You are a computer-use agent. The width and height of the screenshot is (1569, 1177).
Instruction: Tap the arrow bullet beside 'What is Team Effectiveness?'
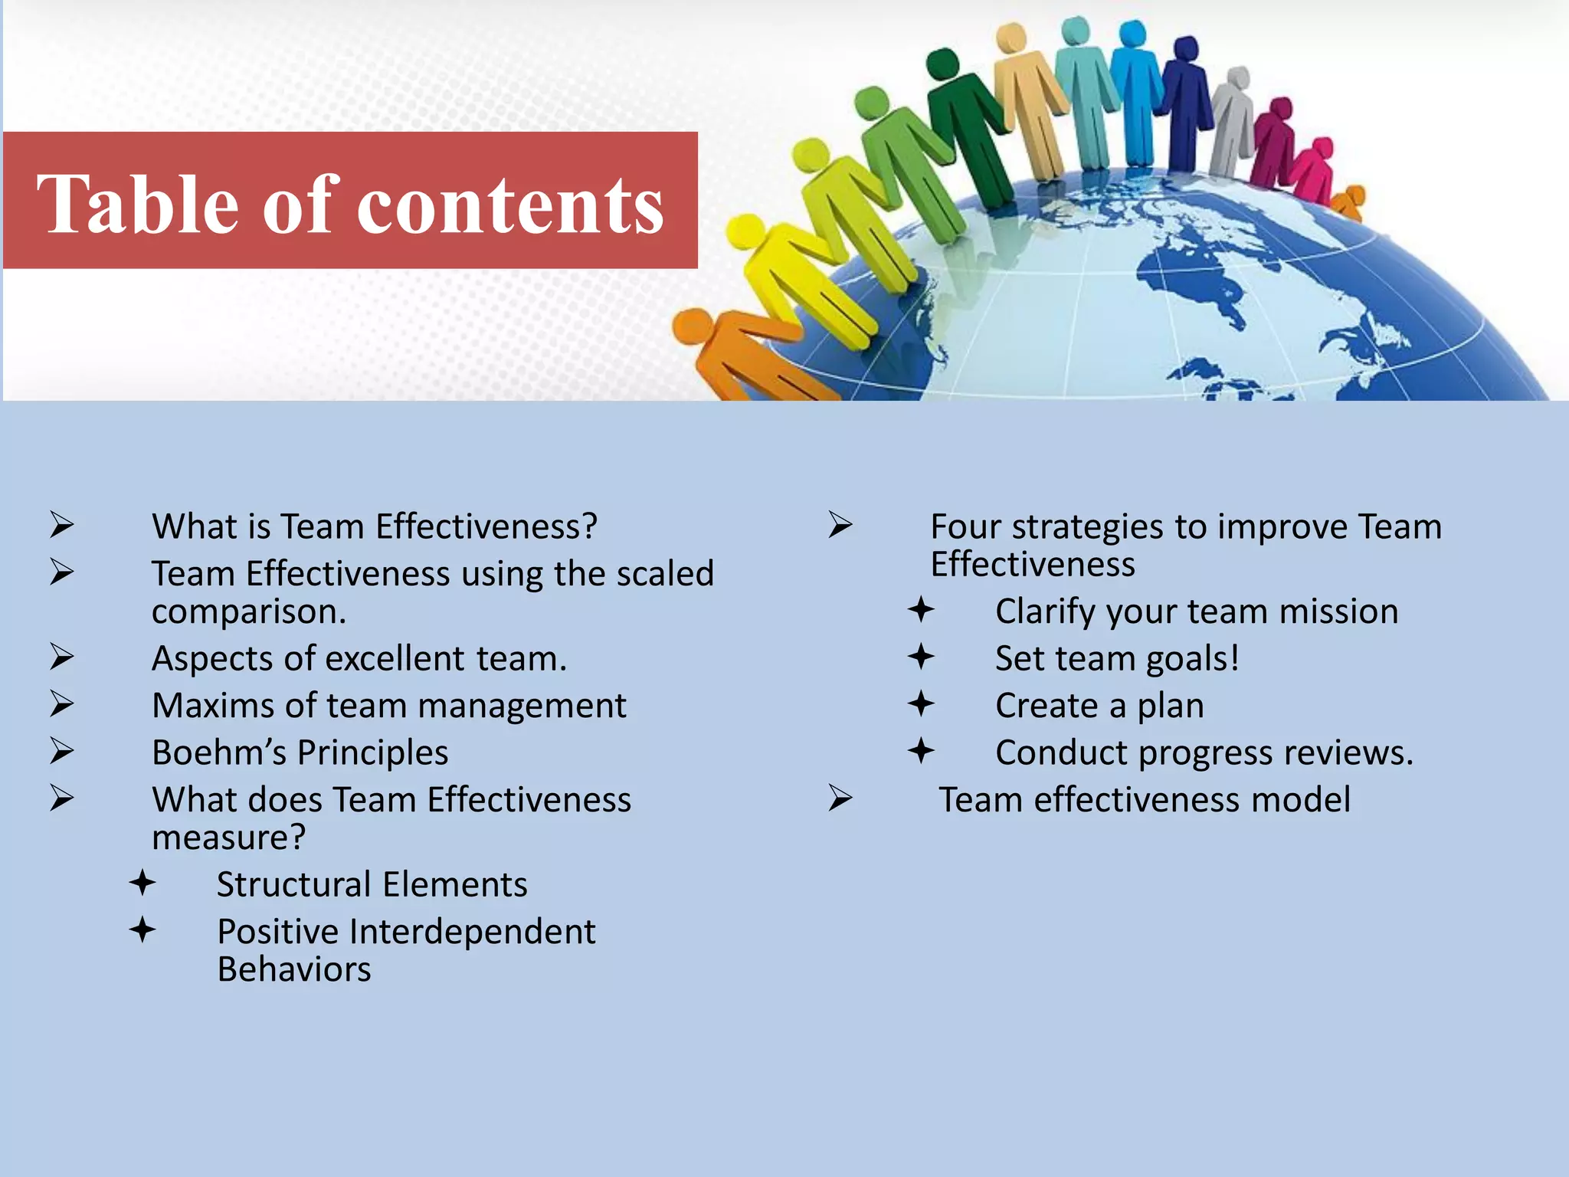(62, 525)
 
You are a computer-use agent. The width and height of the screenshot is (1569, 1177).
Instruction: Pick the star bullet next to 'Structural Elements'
(142, 883)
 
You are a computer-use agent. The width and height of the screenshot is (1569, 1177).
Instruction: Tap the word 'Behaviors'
(294, 969)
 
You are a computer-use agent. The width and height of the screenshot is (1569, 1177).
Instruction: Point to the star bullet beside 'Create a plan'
(921, 703)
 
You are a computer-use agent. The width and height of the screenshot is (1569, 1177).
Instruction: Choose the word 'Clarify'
(1044, 611)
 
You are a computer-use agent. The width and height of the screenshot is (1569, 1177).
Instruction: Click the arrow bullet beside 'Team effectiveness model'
(840, 798)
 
